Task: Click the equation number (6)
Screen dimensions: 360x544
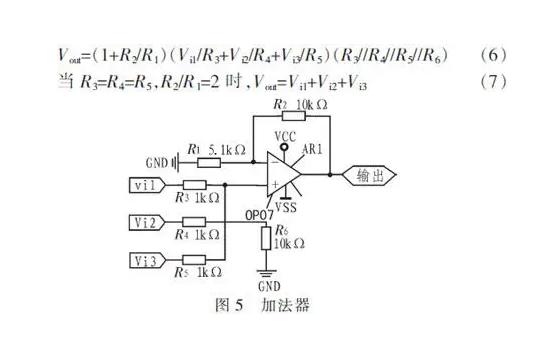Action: [496, 52]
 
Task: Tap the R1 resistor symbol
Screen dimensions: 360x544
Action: [209, 160]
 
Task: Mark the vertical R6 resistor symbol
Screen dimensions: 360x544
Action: [263, 237]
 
